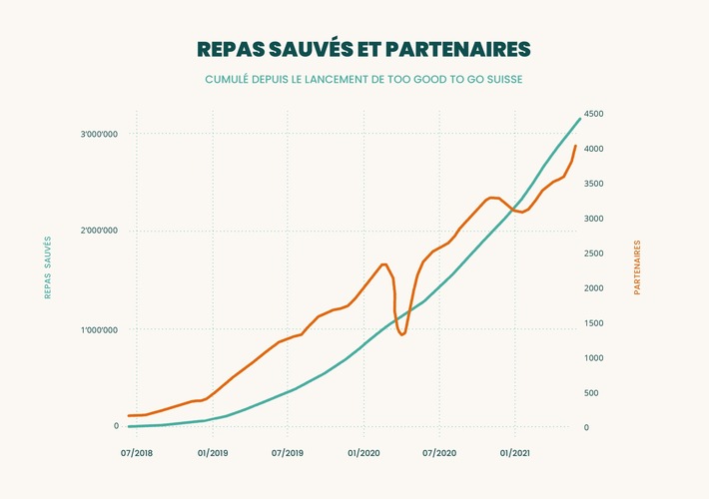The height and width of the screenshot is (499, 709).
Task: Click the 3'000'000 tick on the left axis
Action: pyautogui.click(x=100, y=134)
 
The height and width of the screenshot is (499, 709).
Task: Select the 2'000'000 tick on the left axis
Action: pyautogui.click(x=100, y=232)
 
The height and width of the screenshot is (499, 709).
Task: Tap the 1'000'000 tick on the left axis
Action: pyautogui.click(x=100, y=329)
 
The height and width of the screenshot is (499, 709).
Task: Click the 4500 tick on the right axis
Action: pyautogui.click(x=593, y=114)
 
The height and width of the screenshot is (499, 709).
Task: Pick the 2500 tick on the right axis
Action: pyautogui.click(x=593, y=253)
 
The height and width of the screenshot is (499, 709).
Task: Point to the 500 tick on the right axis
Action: pyautogui.click(x=591, y=393)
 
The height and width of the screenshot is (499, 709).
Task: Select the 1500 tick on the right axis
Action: pyautogui.click(x=593, y=323)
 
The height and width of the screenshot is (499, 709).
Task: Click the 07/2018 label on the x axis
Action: pyautogui.click(x=137, y=453)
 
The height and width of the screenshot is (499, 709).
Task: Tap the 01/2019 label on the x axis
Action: pyautogui.click(x=212, y=453)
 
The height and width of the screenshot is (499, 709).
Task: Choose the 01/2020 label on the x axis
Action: pyautogui.click(x=363, y=453)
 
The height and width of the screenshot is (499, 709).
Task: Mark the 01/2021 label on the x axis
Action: pyautogui.click(x=514, y=453)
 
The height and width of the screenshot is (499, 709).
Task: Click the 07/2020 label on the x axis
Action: pyautogui.click(x=439, y=453)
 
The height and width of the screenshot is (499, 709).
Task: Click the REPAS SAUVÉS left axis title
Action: pyautogui.click(x=47, y=267)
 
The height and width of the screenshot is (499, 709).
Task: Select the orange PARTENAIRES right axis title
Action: pyautogui.click(x=637, y=267)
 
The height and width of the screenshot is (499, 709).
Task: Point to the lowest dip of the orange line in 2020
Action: pyautogui.click(x=401, y=334)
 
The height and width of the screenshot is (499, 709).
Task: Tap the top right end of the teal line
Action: pyautogui.click(x=579, y=119)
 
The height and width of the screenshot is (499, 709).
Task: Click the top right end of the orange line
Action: pyautogui.click(x=575, y=147)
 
